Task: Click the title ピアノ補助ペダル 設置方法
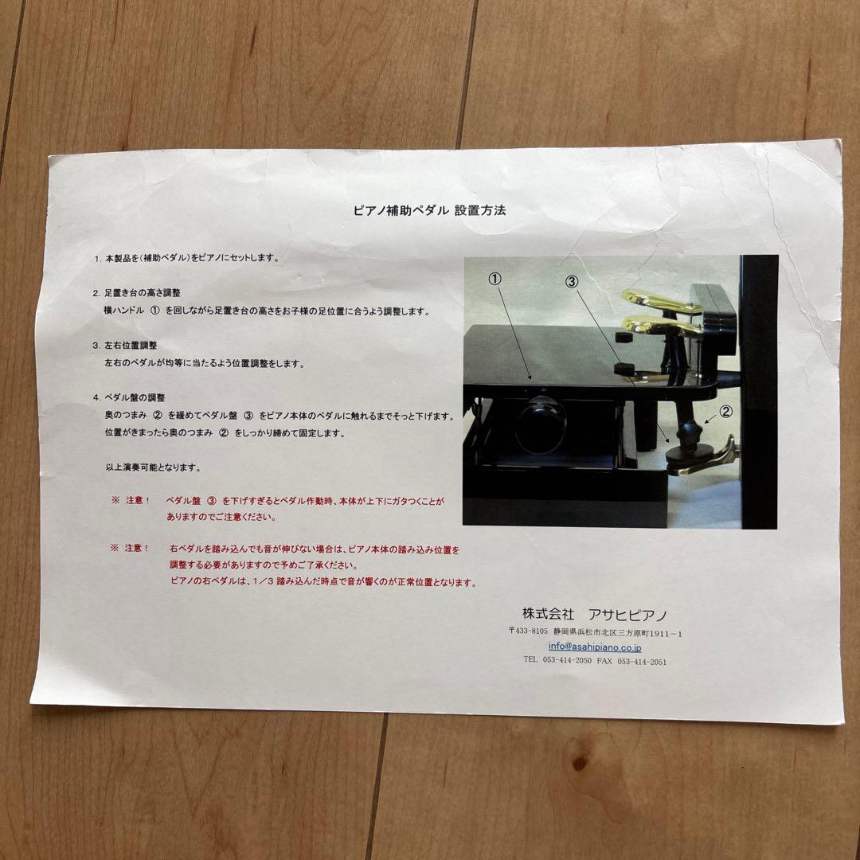[430, 211]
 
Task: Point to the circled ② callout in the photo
[725, 412]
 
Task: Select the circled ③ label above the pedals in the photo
[572, 281]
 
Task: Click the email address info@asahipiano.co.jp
[595, 647]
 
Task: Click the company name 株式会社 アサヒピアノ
[595, 614]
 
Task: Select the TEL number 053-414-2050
[567, 661]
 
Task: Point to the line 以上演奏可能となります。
[153, 467]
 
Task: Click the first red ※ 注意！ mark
[131, 501]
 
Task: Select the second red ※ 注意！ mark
[131, 549]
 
